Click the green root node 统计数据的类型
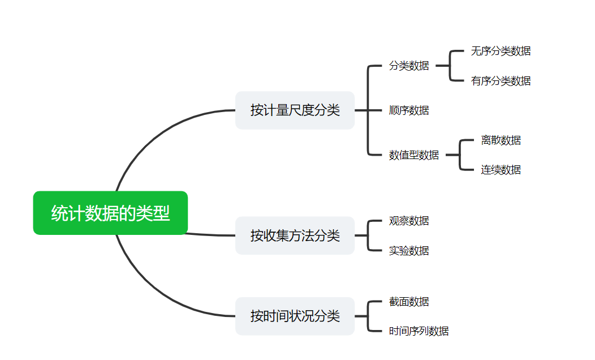(110, 213)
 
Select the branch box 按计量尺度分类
(295, 110)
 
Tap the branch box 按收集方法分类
(295, 235)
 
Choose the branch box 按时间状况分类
(295, 316)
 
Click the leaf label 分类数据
(409, 66)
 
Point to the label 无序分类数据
(501, 51)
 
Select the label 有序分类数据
(501, 81)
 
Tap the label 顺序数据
(409, 110)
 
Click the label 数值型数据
(414, 155)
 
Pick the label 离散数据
(501, 140)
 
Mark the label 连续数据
(501, 170)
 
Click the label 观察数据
(409, 221)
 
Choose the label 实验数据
(409, 250)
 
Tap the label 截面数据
(409, 302)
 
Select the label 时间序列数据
(419, 331)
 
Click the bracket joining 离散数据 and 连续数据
(460, 155)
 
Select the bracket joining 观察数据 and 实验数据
(368, 235)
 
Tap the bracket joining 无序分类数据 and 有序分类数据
(450, 66)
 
